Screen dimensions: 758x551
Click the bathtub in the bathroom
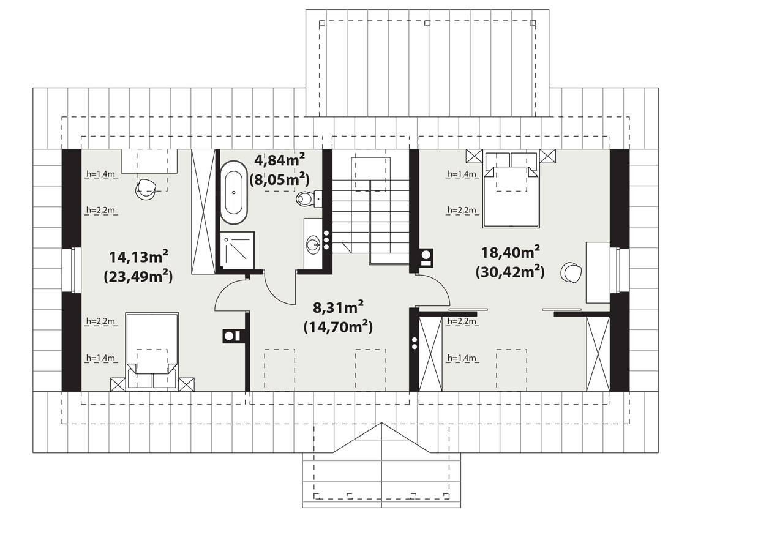[x=233, y=193]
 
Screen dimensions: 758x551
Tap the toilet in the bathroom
[x=309, y=198]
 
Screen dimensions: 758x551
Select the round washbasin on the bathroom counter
[x=313, y=244]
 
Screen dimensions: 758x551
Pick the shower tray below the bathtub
[x=237, y=251]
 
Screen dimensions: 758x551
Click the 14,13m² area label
[x=138, y=257]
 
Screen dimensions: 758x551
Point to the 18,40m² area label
[x=510, y=252]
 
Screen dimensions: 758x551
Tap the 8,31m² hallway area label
[x=338, y=307]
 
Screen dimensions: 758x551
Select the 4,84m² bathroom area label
[x=280, y=160]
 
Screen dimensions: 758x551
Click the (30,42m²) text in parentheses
[x=510, y=272]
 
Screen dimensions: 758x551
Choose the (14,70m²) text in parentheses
[x=338, y=327]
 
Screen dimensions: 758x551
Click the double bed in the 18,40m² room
[x=511, y=190]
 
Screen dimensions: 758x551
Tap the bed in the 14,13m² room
[x=152, y=352]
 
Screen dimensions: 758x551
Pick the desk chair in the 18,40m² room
[x=571, y=272]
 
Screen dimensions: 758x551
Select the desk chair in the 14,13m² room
[x=146, y=190]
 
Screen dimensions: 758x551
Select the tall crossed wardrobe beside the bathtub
[x=203, y=212]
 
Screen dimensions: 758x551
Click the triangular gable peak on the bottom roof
[x=381, y=424]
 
